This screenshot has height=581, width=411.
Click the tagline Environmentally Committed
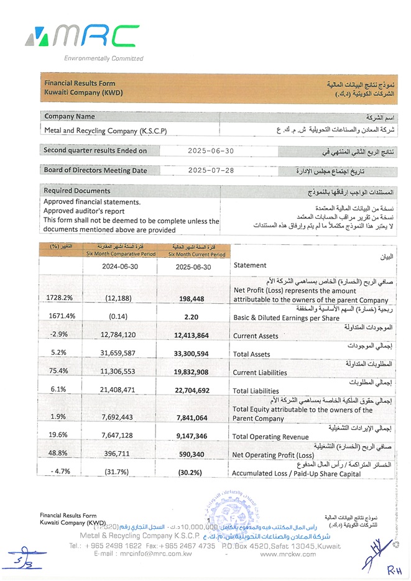click(x=104, y=58)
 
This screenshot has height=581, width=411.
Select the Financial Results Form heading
click(x=80, y=83)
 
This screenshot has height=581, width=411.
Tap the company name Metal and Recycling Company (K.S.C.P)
click(x=106, y=131)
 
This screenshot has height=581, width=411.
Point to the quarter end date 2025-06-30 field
click(x=211, y=150)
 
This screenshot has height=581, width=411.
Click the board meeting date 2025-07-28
click(x=211, y=170)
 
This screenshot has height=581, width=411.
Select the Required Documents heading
click(x=77, y=191)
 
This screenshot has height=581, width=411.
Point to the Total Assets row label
click(x=254, y=354)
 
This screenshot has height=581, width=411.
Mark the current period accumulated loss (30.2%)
click(x=190, y=472)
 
